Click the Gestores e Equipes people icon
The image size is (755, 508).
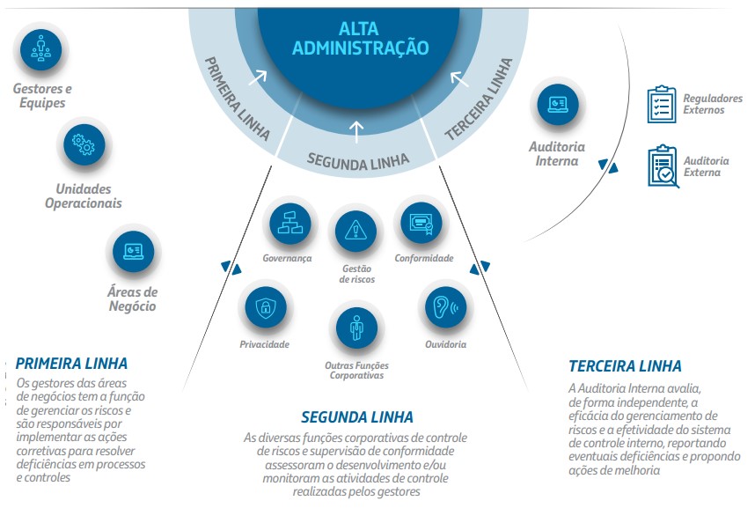(x=41, y=49)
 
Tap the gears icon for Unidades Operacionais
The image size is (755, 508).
(x=84, y=144)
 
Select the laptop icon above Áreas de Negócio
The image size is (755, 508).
(x=134, y=251)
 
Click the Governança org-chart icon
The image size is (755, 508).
(x=290, y=223)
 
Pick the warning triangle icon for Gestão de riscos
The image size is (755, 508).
(x=356, y=231)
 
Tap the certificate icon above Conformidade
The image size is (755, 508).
(x=421, y=223)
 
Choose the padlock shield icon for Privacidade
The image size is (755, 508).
(x=266, y=307)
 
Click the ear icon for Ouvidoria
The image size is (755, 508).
(x=446, y=307)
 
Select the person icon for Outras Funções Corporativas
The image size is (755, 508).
(x=356, y=328)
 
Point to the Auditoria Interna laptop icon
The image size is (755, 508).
(x=558, y=104)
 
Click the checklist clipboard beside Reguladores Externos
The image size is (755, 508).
(x=662, y=104)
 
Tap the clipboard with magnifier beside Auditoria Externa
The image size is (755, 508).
(x=663, y=166)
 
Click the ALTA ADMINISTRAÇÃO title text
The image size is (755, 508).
(x=360, y=39)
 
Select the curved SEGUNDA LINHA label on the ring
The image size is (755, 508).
(x=358, y=161)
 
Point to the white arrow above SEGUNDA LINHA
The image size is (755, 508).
(x=356, y=132)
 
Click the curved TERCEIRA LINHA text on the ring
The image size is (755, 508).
(x=478, y=99)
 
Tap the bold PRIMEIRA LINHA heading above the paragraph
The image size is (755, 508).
(x=72, y=364)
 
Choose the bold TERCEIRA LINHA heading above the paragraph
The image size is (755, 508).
(x=625, y=366)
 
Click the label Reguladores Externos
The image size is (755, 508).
(x=713, y=104)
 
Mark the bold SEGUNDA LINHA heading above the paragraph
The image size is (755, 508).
(x=357, y=417)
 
